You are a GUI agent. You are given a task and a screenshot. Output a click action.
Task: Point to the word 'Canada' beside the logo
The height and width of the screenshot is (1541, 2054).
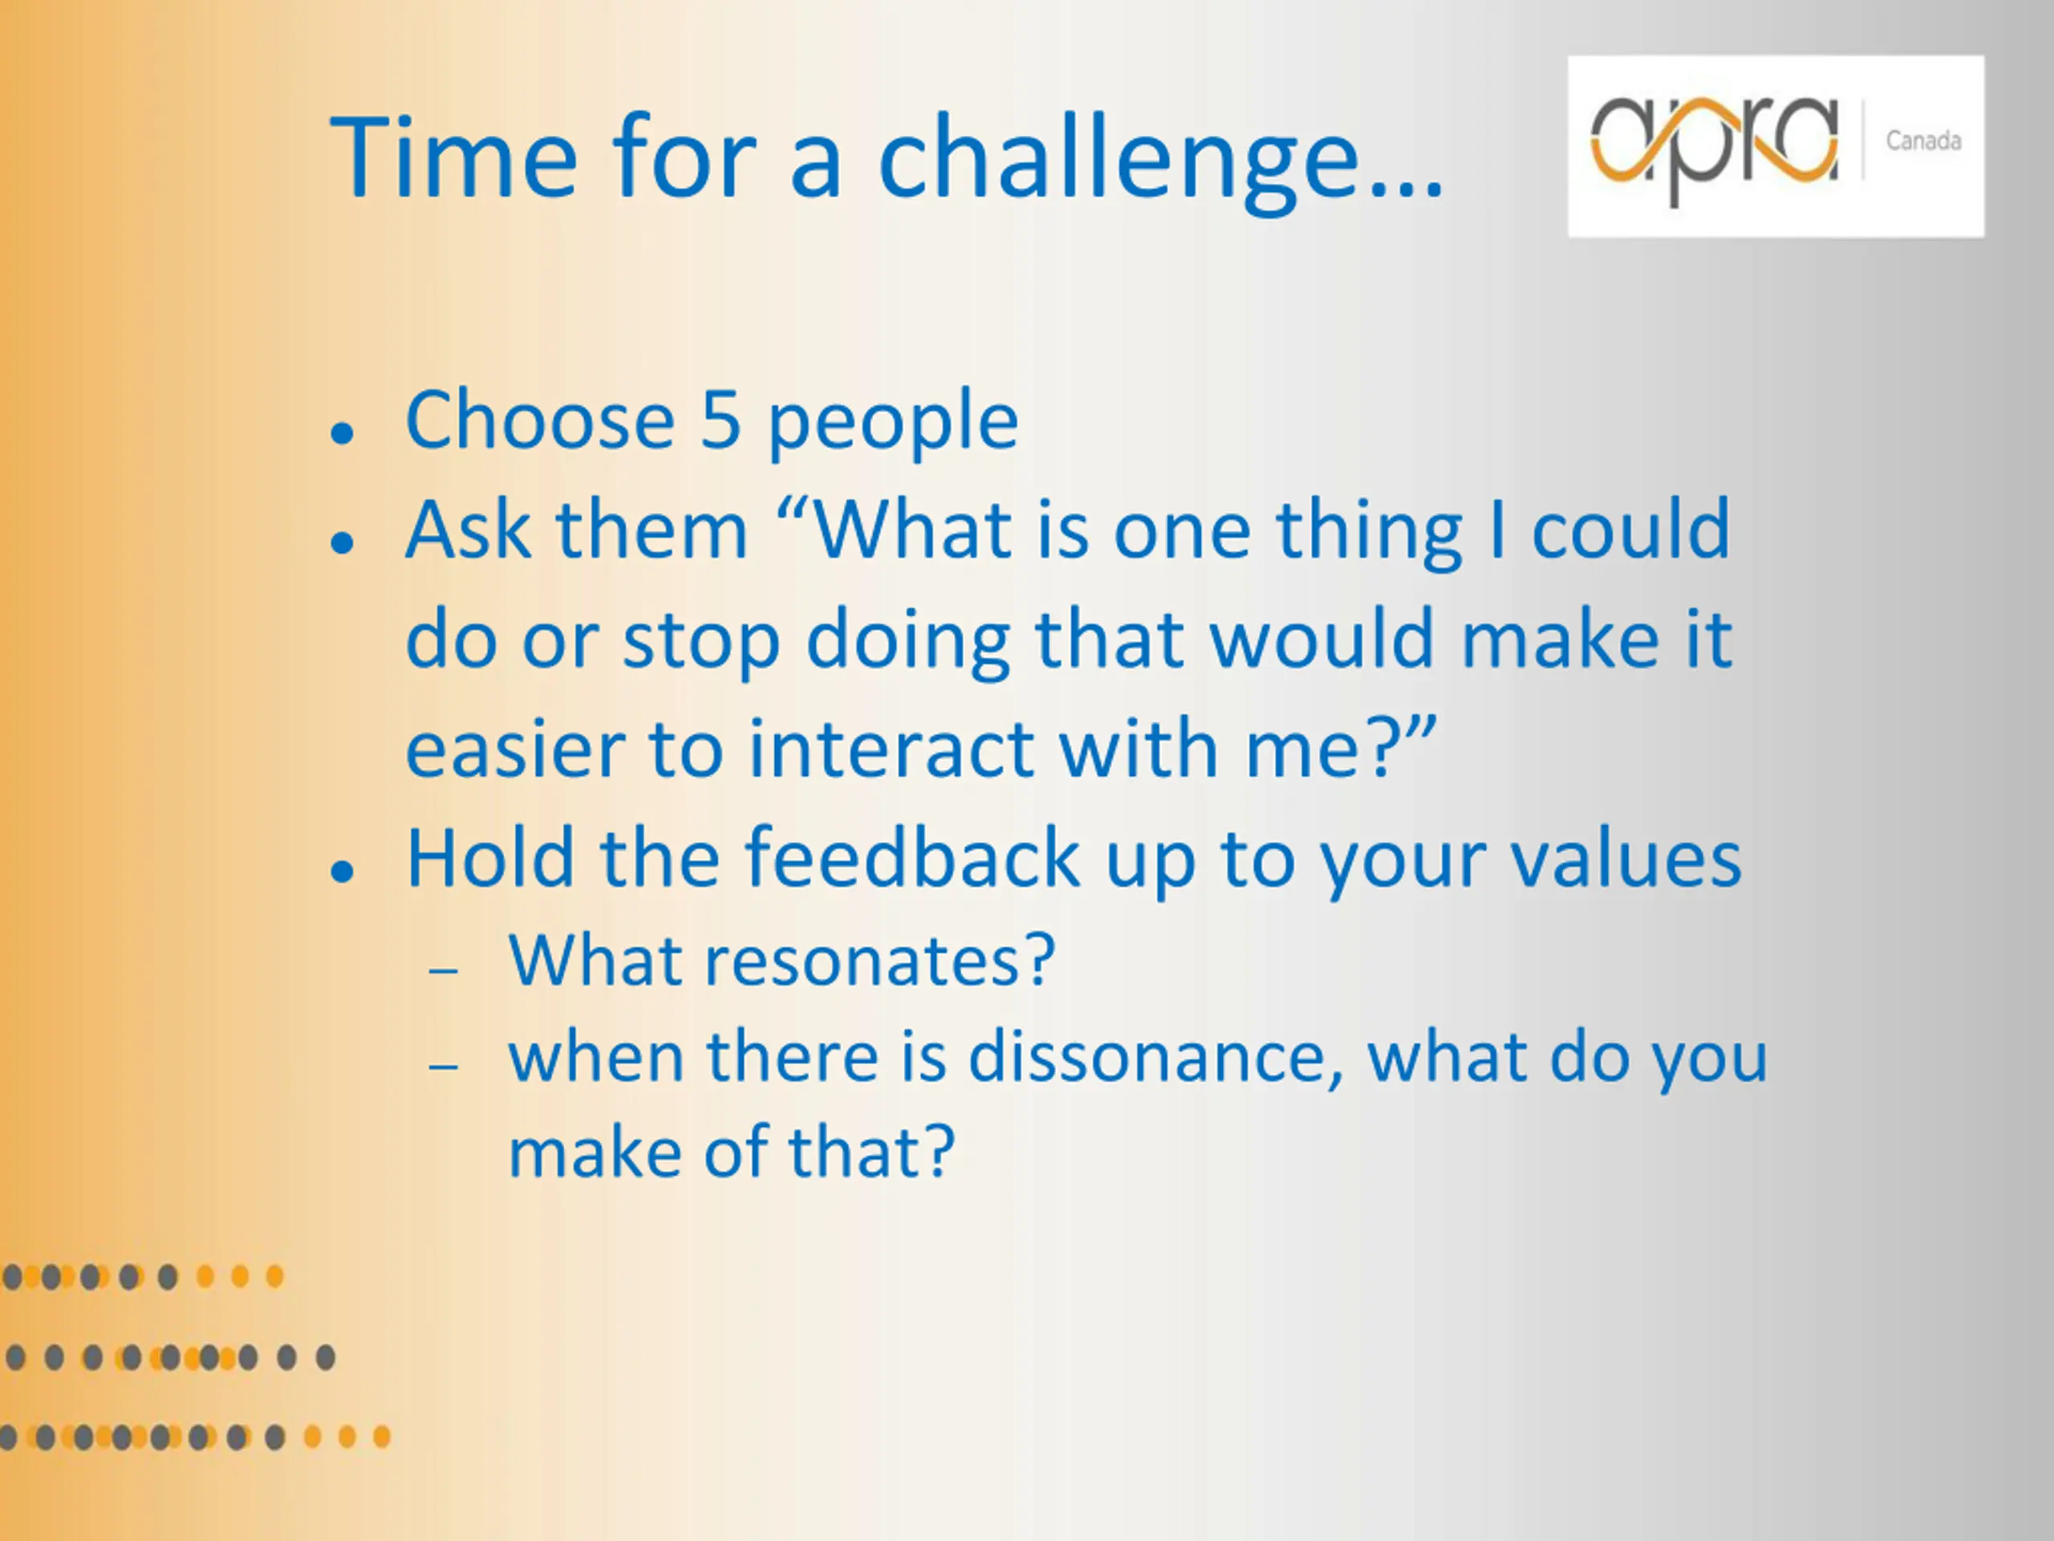point(1923,141)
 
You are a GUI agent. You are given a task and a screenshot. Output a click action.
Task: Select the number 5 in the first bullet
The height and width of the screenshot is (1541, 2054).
point(721,421)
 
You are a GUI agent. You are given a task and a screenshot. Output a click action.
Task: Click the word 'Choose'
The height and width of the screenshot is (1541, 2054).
point(541,420)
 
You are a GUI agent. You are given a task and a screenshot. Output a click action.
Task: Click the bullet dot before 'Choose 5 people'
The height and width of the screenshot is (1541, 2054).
point(343,433)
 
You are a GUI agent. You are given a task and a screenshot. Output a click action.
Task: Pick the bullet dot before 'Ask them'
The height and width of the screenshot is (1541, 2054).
point(343,543)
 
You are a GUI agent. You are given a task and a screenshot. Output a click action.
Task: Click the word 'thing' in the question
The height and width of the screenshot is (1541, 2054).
point(1369,534)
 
